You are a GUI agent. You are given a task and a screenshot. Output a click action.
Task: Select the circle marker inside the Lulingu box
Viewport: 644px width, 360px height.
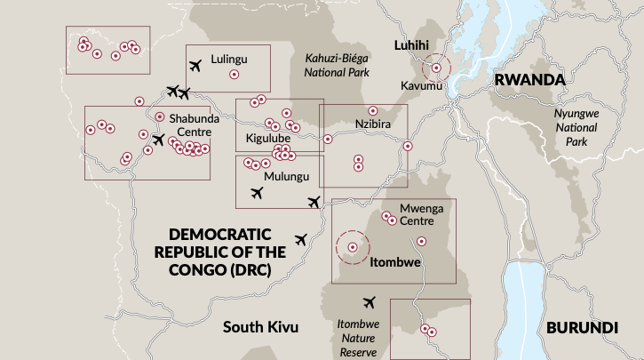(x=234, y=76)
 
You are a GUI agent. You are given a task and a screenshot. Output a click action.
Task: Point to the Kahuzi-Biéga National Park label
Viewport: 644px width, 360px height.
(x=337, y=66)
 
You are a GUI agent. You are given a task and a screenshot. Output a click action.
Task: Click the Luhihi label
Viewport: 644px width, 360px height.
(x=412, y=45)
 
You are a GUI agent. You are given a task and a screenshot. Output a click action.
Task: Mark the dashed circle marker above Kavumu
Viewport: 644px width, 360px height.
(x=435, y=68)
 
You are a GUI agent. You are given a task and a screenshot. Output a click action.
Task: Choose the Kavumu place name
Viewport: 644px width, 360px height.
(x=420, y=87)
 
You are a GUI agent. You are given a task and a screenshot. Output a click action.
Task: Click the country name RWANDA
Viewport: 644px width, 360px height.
(x=529, y=81)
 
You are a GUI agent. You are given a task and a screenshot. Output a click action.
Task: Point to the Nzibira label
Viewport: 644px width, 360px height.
(x=372, y=124)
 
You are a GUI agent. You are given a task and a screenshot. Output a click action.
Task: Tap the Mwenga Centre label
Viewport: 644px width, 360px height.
(x=421, y=214)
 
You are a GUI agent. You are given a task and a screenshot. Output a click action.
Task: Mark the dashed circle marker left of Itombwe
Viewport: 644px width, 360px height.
(x=353, y=247)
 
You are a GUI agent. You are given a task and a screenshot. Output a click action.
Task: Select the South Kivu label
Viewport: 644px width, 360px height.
(x=260, y=327)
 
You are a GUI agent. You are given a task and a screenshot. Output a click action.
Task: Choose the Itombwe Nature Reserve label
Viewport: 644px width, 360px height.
(x=358, y=338)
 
